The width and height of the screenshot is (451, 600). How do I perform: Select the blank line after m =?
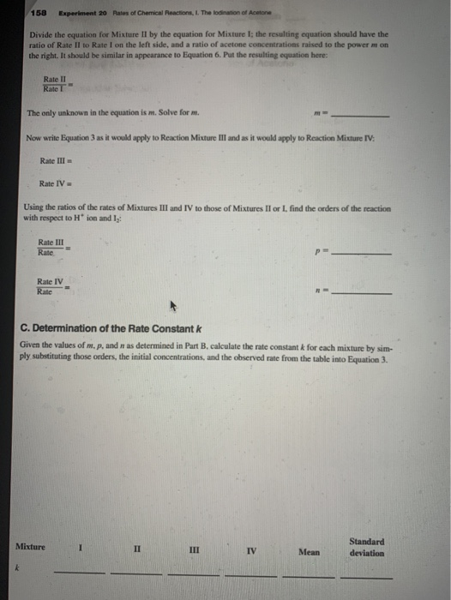(361, 117)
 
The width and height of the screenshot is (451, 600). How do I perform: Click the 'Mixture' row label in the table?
(31, 546)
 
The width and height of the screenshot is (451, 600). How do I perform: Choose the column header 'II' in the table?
(136, 548)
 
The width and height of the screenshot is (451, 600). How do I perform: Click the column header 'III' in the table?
(194, 549)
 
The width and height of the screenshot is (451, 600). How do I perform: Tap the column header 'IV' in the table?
(250, 549)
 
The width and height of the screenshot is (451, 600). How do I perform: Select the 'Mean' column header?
(310, 552)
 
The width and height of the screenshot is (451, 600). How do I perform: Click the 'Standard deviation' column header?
(367, 547)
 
